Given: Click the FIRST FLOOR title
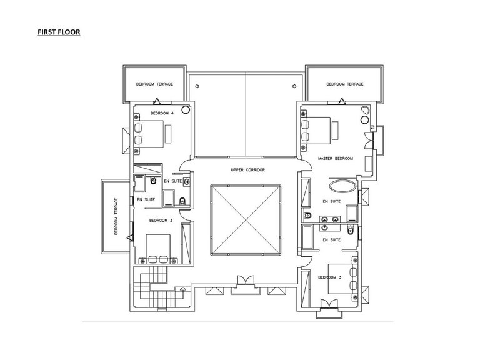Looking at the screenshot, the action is pyautogui.click(x=59, y=32).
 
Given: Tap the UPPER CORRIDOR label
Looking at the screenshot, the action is pyautogui.click(x=247, y=170).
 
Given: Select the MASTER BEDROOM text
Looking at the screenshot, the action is pyautogui.click(x=335, y=159).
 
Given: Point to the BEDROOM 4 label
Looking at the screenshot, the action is pyautogui.click(x=162, y=113).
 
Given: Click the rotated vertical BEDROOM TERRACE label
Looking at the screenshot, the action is pyautogui.click(x=116, y=216).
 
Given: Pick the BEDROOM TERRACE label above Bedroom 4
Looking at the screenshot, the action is pyautogui.click(x=154, y=84).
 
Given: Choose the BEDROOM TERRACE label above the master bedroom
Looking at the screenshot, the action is pyautogui.click(x=345, y=84).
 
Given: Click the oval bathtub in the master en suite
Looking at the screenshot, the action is pyautogui.click(x=343, y=186).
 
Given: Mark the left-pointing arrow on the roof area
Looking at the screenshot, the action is pyautogui.click(x=197, y=86).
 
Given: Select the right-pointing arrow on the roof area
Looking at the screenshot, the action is pyautogui.click(x=294, y=86).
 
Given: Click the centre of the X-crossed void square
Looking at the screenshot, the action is pyautogui.click(x=246, y=219).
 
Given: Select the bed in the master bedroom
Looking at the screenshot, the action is pyautogui.click(x=316, y=131).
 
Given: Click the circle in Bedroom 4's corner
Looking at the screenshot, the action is pyautogui.click(x=186, y=109).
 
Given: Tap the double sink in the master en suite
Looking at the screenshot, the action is pyautogui.click(x=330, y=219).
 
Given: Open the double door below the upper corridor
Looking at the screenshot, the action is pyautogui.click(x=246, y=281).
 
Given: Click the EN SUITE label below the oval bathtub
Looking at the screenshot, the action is pyautogui.click(x=331, y=201).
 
